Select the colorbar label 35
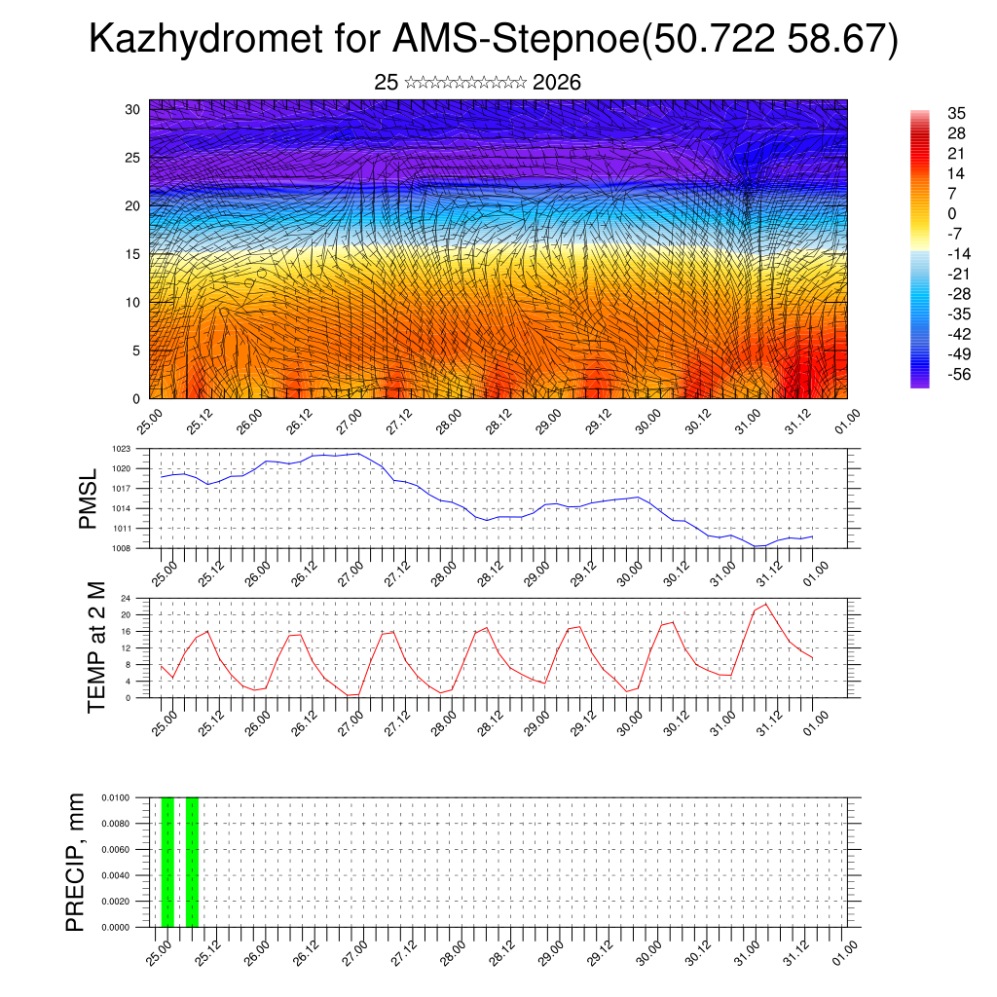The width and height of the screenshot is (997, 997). [x=957, y=113]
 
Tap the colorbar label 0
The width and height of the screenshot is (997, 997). [x=951, y=213]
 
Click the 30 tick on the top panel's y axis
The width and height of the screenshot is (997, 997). [x=132, y=109]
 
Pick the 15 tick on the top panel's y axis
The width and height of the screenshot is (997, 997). [x=132, y=254]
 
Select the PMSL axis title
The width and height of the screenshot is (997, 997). [x=89, y=498]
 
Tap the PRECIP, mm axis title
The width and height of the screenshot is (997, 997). [x=76, y=862]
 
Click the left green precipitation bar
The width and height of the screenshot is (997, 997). [x=167, y=862]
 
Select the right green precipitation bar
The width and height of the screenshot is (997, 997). [x=192, y=862]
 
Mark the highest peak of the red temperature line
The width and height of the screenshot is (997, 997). [x=766, y=605]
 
